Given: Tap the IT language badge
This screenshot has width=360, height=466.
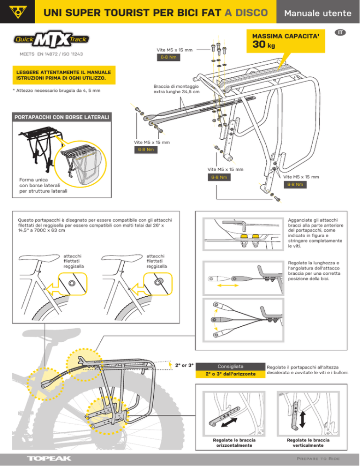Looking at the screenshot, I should click(341, 32).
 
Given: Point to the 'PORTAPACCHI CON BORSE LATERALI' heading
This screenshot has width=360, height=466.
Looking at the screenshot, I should click(56, 116).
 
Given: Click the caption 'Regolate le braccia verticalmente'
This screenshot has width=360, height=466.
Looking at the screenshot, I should click(307, 443).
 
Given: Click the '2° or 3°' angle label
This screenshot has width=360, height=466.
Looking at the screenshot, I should click(185, 365).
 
